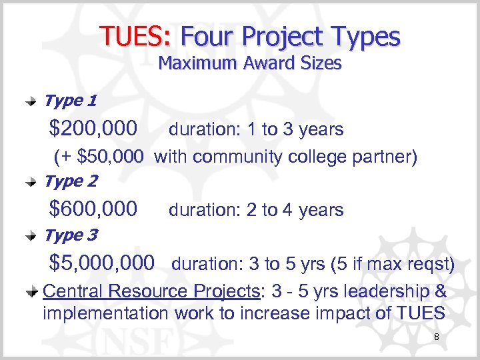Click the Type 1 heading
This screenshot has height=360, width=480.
click(70, 101)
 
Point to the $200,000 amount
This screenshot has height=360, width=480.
click(94, 128)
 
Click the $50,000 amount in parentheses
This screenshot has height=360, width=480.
click(110, 157)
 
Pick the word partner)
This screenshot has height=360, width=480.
click(387, 157)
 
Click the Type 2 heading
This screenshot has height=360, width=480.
click(70, 181)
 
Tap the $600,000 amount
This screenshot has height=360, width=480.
click(94, 209)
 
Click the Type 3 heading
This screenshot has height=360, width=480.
click(70, 235)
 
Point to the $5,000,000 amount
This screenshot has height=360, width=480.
click(102, 263)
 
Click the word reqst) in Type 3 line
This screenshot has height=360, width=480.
click(431, 265)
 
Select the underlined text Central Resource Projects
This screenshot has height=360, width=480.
click(150, 291)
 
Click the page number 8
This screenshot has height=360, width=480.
click(436, 338)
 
